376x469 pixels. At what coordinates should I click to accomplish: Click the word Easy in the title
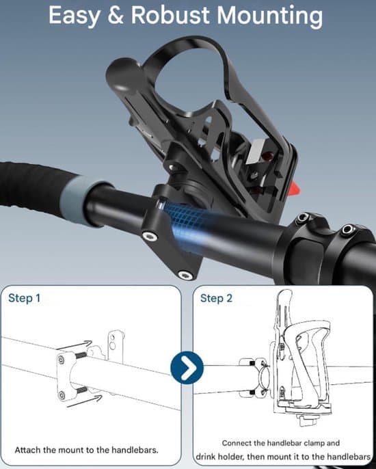75,16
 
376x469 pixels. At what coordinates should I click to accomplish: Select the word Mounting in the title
270,16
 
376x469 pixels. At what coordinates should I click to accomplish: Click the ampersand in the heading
116,15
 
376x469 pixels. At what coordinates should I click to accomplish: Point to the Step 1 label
24,298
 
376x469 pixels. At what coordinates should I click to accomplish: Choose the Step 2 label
216,298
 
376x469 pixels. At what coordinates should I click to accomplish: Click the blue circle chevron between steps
187,368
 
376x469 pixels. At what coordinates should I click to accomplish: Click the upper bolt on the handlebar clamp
150,237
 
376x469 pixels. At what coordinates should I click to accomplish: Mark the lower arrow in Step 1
84,401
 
